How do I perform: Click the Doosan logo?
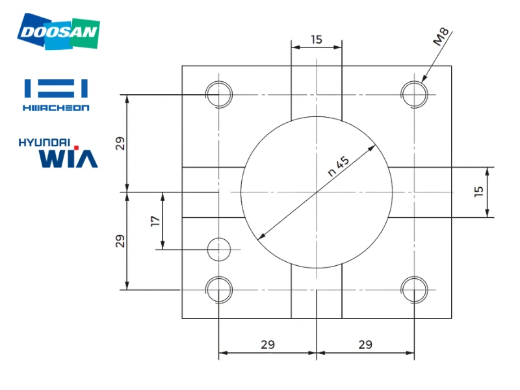tap(58, 31)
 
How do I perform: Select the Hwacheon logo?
tap(56, 95)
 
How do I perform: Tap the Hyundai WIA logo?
tap(58, 153)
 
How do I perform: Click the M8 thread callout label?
tap(441, 36)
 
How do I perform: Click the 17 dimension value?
tap(155, 221)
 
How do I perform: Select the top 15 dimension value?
tap(317, 40)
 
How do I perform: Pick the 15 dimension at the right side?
tap(478, 191)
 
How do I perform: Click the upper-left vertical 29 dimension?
tap(120, 143)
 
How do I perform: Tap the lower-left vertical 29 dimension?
tap(120, 240)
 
